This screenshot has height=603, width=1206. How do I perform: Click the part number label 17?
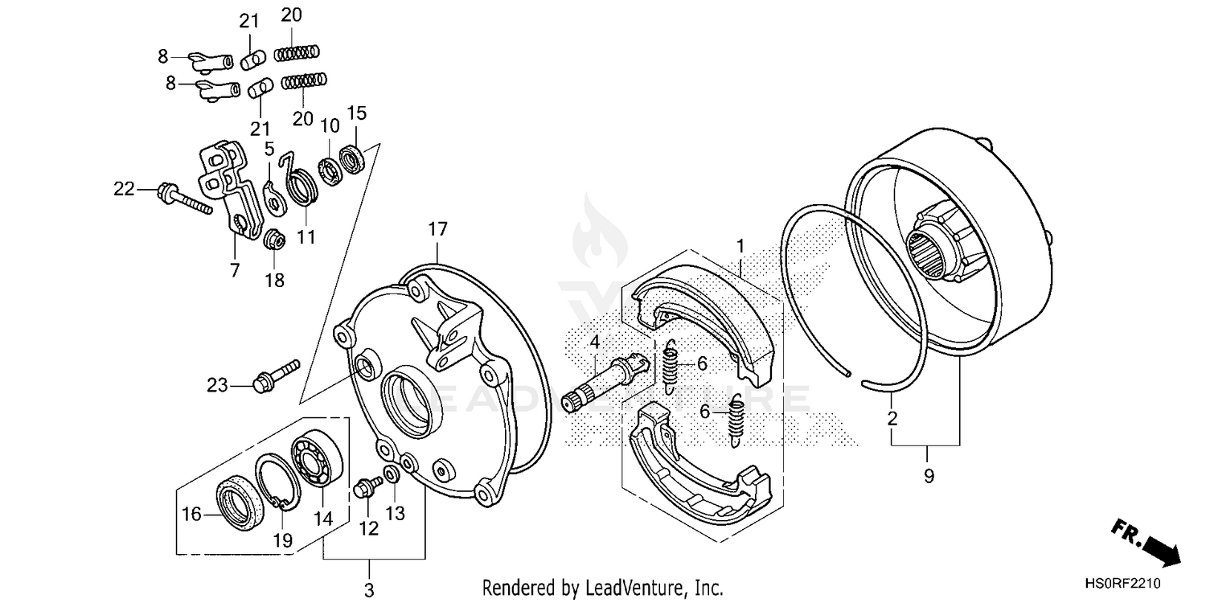tap(437, 229)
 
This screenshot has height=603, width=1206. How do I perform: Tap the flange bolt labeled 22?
tap(184, 199)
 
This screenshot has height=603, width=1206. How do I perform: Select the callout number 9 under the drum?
tap(929, 476)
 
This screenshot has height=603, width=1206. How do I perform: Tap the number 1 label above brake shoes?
tap(740, 242)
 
